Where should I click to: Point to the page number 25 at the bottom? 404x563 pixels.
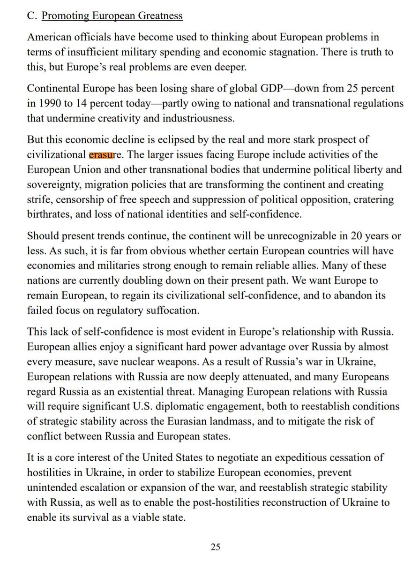(215, 547)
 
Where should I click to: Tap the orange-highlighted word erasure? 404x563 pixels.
(102, 154)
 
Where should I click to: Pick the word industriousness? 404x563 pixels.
(193, 118)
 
